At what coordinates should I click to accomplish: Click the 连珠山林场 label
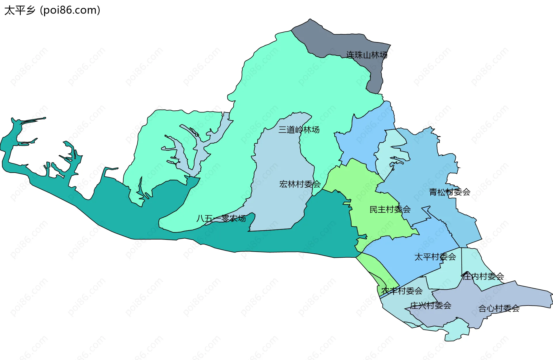coord(367,55)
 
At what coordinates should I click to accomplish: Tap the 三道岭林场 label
coord(299,130)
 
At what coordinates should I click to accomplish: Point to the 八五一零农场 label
coord(221,218)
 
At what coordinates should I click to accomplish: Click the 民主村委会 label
coord(390,210)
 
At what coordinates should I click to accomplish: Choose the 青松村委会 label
coord(450,192)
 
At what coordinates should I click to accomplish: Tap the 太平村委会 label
coord(435,257)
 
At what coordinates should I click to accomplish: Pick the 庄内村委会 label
coord(483,276)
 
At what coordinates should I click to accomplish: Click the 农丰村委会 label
coord(402,291)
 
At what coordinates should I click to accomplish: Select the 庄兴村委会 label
coord(430,306)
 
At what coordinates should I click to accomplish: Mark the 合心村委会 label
coord(499,309)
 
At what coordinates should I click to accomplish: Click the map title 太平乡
coord(20,10)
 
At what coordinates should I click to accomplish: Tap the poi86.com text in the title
coord(70,10)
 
